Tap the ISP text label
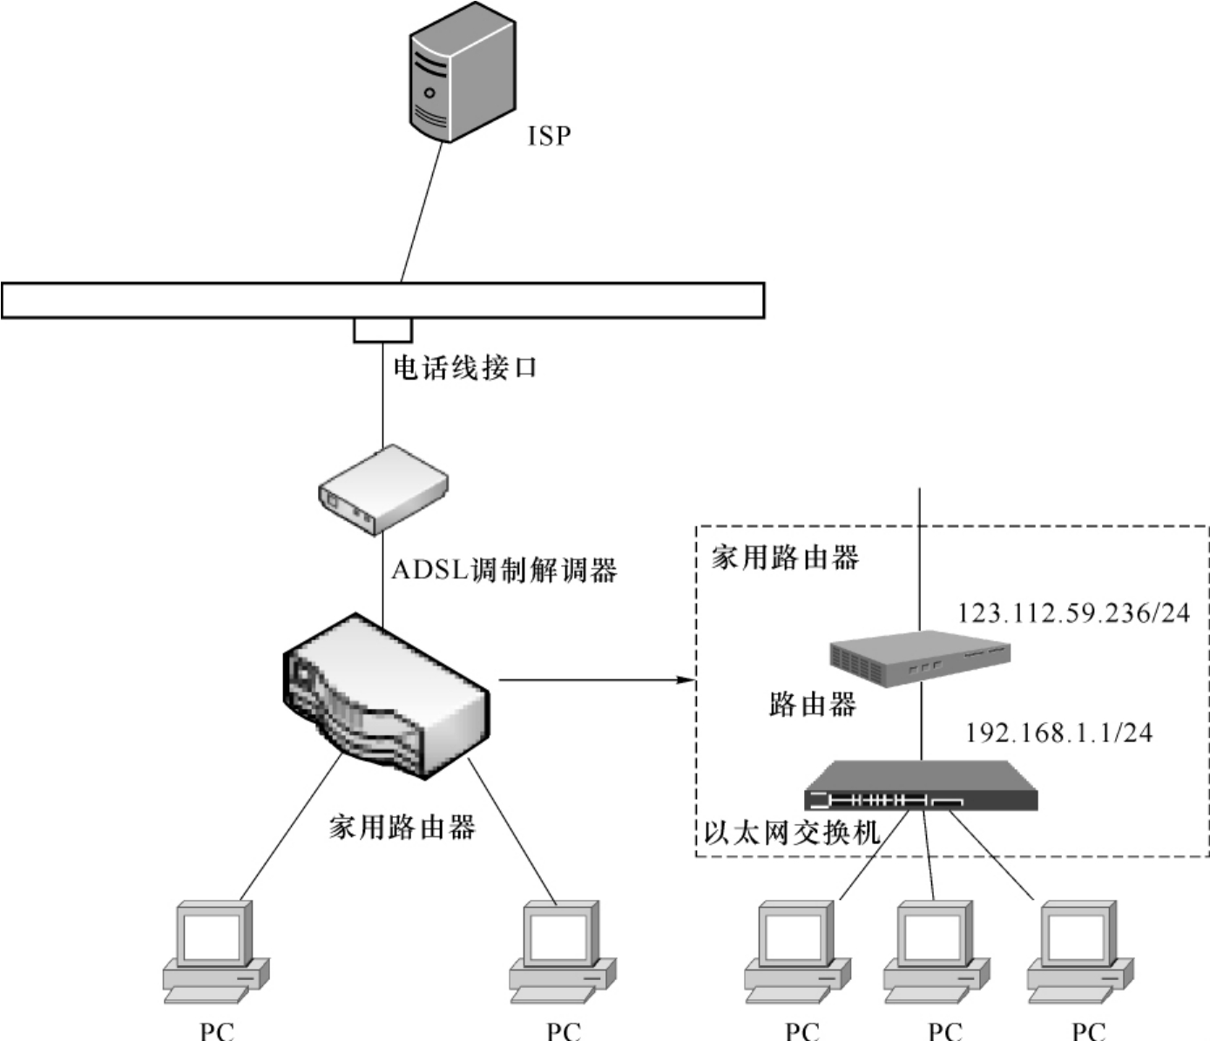point(549,136)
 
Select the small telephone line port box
point(382,330)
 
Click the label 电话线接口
point(465,368)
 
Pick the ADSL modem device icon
point(382,490)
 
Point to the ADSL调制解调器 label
point(504,571)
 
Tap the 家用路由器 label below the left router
point(402,827)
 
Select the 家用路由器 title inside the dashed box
point(785,558)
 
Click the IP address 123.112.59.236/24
point(1073,613)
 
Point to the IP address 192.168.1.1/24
point(1058,733)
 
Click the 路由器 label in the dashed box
point(812,704)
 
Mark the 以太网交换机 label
point(792,833)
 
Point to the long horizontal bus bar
point(382,301)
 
